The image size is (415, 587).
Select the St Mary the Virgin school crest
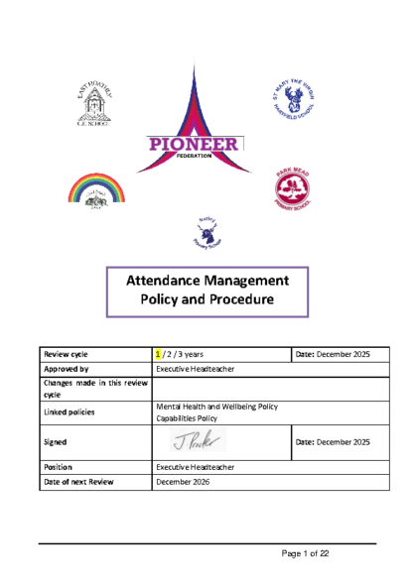[295, 99]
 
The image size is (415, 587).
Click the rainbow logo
[96, 191]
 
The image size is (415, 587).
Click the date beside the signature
[333, 442]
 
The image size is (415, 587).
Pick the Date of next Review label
[78, 481]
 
